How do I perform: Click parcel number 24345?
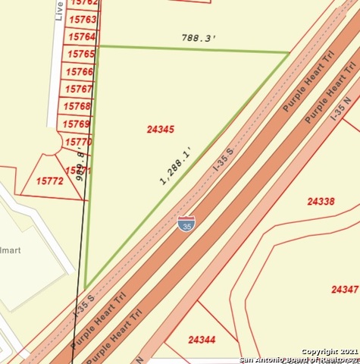(160, 130)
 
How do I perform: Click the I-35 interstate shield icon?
(186, 223)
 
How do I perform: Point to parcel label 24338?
(321, 202)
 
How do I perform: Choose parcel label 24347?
(345, 290)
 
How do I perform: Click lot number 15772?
(50, 181)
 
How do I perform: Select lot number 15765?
(80, 54)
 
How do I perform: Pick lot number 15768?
(78, 106)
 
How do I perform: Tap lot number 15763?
(83, 19)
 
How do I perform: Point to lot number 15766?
(80, 72)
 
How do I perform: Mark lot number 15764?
(82, 36)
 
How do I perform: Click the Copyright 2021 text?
(329, 352)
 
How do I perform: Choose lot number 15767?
(79, 89)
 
